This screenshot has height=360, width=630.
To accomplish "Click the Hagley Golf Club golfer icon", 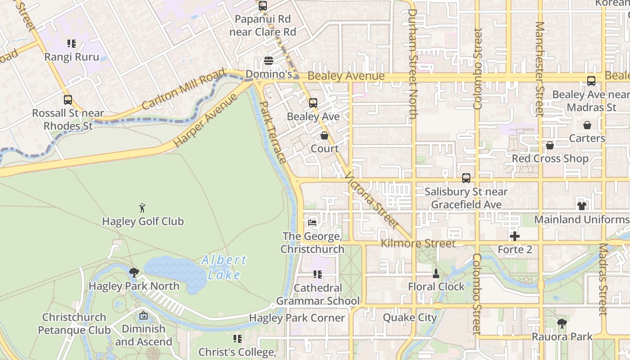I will pyautogui.click(x=143, y=208).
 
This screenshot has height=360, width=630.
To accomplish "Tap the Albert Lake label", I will pyautogui.click(x=224, y=267).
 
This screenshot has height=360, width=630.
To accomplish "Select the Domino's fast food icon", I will pyautogui.click(x=269, y=61).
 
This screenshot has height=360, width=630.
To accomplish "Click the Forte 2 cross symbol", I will pyautogui.click(x=515, y=236).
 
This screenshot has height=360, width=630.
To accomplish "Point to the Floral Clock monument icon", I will pyautogui.click(x=436, y=273).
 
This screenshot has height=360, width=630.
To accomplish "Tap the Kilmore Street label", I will pyautogui.click(x=418, y=243).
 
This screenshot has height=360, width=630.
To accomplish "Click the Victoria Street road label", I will pyautogui.click(x=371, y=200).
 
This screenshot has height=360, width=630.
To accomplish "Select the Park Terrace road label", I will pyautogui.click(x=273, y=132).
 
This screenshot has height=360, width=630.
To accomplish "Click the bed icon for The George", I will pyautogui.click(x=312, y=222).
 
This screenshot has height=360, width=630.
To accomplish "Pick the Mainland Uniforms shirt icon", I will pyautogui.click(x=581, y=206).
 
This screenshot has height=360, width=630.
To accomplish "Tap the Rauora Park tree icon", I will pyautogui.click(x=562, y=323).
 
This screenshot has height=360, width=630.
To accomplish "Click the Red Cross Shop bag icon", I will pyautogui.click(x=549, y=145).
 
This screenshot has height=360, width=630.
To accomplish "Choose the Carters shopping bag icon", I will pyautogui.click(x=587, y=125).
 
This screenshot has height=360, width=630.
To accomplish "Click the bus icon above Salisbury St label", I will pyautogui.click(x=466, y=178).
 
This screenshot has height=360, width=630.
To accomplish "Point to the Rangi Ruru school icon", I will pyautogui.click(x=72, y=44).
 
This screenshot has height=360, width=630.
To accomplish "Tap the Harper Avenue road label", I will pyautogui.click(x=205, y=120).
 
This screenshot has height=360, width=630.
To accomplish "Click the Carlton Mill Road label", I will pyautogui.click(x=183, y=90).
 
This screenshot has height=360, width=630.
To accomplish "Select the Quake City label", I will pyautogui.click(x=409, y=318).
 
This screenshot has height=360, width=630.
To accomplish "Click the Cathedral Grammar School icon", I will pyautogui.click(x=318, y=274).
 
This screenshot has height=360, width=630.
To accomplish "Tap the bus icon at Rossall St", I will pyautogui.click(x=67, y=100).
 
